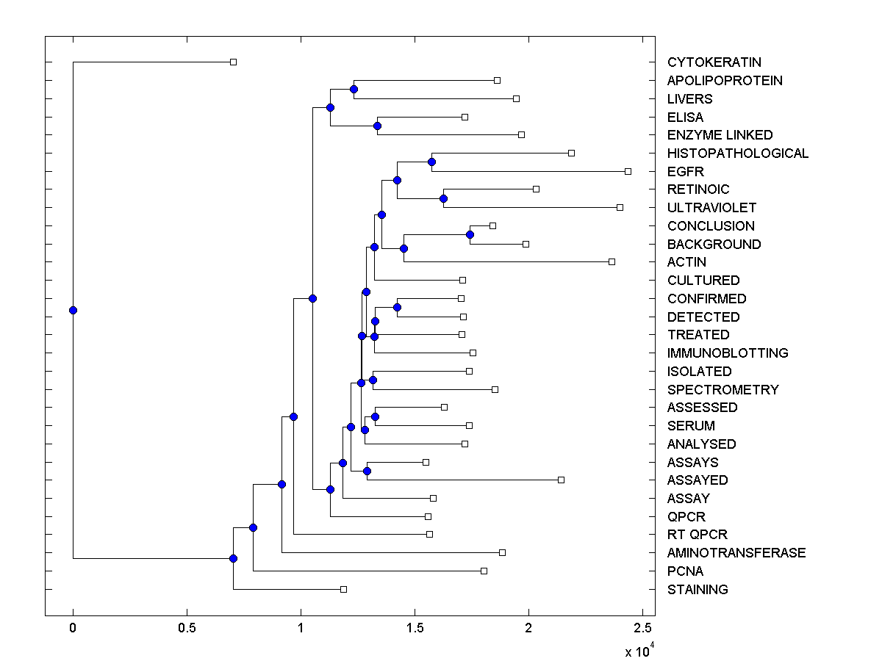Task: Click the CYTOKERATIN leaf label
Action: [x=714, y=62]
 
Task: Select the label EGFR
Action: [x=685, y=171]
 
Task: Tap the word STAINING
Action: [x=698, y=589]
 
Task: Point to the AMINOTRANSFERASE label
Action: [x=736, y=553]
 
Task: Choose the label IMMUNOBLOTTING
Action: [x=727, y=353]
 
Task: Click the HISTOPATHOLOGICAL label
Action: [x=737, y=153]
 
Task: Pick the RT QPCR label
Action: [x=697, y=535]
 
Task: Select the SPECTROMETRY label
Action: [x=723, y=389]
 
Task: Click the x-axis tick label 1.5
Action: [x=415, y=629]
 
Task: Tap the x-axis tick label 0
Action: [x=73, y=629]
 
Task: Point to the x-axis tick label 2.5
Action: [x=642, y=629]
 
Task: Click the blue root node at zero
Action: [x=73, y=310]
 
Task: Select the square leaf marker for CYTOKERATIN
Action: [x=233, y=62]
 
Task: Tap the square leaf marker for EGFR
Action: [x=628, y=171]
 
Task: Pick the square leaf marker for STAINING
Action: [x=343, y=589]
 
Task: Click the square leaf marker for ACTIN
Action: [x=612, y=261]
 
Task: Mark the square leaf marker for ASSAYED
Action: [x=561, y=480]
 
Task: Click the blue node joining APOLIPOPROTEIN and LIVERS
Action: [x=354, y=89]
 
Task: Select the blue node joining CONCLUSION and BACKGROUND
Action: [x=470, y=234]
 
